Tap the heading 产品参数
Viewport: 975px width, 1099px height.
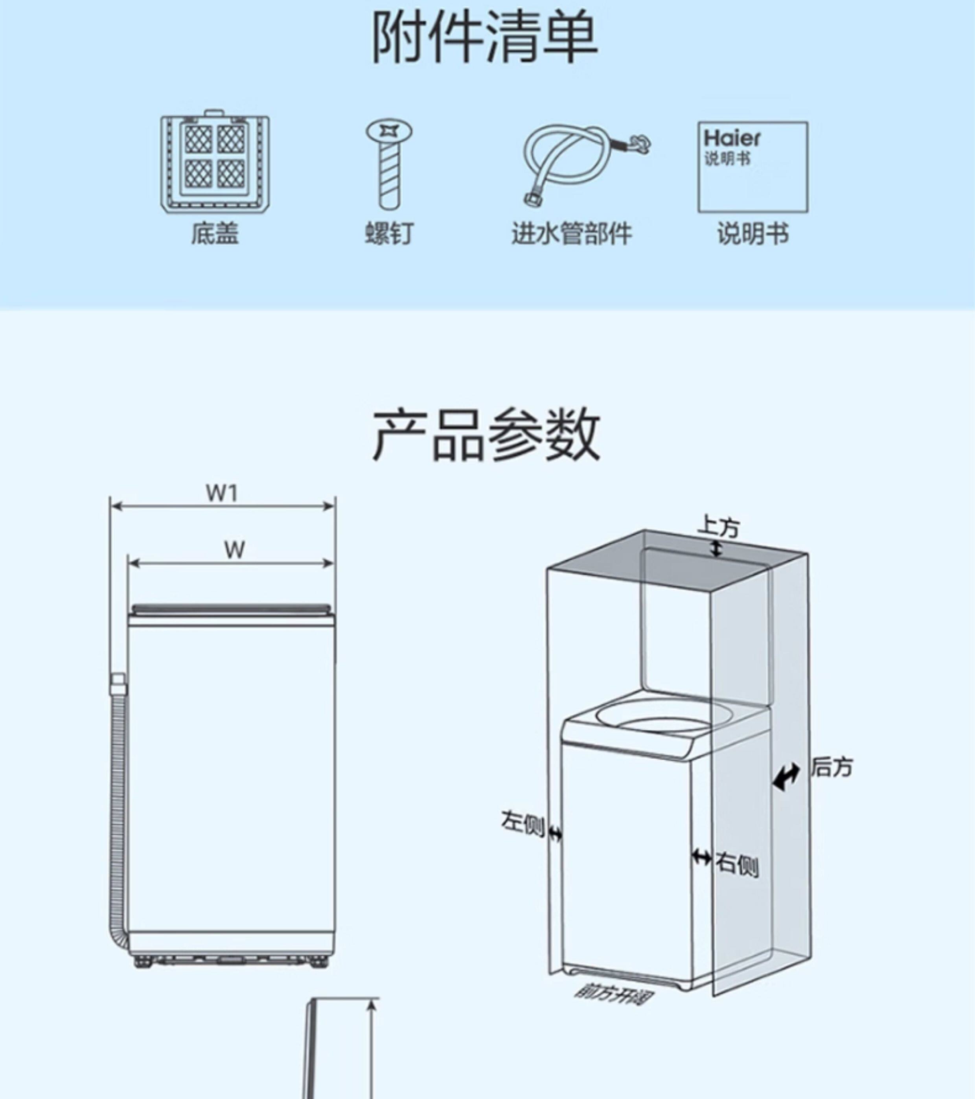[x=486, y=436]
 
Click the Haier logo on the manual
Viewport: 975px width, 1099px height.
[x=732, y=138]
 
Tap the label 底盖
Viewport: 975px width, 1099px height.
[x=215, y=234]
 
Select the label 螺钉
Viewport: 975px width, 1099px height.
[x=389, y=234]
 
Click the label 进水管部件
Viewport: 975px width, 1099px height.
[x=572, y=234]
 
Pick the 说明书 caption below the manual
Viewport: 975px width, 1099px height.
[x=753, y=234]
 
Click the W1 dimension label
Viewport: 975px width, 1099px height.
[x=222, y=493]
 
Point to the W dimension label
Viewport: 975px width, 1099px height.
[x=234, y=549]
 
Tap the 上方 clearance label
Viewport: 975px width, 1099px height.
[x=719, y=526]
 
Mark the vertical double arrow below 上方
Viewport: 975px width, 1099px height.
[x=716, y=548]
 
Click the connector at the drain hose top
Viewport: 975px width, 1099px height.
[x=118, y=686]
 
